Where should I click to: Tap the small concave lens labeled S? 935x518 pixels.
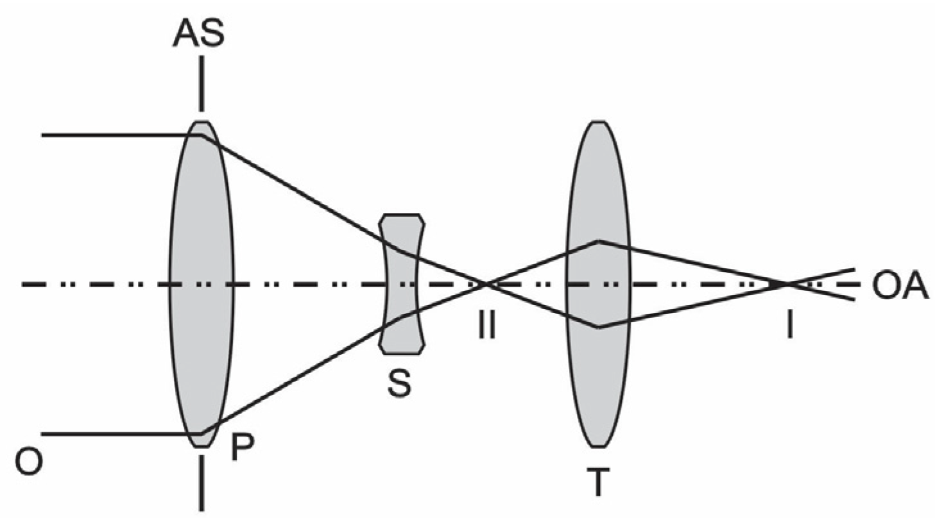click(402, 283)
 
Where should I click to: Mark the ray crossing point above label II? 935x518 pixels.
click(486, 283)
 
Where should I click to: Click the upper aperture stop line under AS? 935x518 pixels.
click(202, 83)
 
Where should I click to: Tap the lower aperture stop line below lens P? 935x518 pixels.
click(202, 481)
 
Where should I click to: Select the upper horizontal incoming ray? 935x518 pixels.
click(116, 135)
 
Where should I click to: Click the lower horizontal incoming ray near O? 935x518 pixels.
click(116, 433)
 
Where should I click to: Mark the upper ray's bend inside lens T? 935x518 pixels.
click(599, 241)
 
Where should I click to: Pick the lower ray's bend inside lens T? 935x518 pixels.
click(599, 327)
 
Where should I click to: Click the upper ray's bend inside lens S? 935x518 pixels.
click(402, 250)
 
